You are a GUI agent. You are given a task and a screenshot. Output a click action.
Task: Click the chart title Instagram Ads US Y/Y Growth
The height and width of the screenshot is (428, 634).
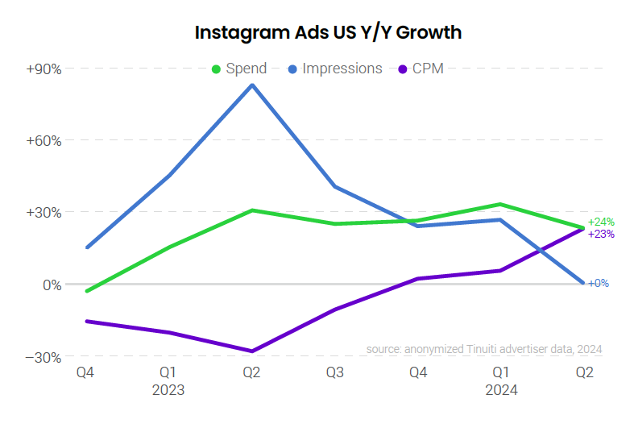click(328, 32)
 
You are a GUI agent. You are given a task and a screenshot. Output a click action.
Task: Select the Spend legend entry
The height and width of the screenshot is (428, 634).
click(238, 69)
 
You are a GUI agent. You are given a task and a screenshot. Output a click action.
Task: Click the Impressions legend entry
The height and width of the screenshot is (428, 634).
click(334, 69)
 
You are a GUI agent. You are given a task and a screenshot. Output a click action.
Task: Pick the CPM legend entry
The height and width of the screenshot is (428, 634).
click(421, 69)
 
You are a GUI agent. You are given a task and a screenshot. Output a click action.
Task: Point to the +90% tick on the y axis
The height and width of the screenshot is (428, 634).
click(44, 69)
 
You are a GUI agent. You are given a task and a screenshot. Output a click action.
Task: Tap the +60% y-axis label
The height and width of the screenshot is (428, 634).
click(44, 140)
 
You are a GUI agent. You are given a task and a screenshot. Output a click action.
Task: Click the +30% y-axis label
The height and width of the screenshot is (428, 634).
click(44, 213)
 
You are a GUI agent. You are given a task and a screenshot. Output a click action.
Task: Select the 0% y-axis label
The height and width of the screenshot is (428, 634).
click(50, 285)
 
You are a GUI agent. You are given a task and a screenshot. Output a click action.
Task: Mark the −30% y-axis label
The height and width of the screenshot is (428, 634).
click(44, 356)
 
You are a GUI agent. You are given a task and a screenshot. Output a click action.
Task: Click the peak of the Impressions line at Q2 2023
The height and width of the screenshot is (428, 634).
click(253, 85)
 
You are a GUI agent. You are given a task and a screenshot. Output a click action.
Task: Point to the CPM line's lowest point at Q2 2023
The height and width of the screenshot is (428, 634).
click(253, 351)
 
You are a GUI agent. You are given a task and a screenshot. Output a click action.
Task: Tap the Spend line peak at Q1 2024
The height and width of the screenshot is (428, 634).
click(500, 204)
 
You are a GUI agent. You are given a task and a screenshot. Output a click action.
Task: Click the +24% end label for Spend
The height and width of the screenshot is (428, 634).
click(601, 222)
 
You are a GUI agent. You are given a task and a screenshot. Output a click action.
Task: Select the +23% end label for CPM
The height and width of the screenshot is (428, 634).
click(601, 234)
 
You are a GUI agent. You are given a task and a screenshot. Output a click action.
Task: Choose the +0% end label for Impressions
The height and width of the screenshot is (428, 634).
click(598, 283)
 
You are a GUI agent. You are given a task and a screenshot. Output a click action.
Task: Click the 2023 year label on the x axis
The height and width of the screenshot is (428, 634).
click(168, 390)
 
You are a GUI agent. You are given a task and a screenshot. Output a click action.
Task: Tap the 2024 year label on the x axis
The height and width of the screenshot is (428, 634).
click(501, 390)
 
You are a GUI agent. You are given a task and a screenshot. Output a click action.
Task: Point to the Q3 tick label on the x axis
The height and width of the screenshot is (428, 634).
click(335, 372)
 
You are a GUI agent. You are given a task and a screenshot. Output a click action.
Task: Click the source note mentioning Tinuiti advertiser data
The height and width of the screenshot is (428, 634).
click(483, 349)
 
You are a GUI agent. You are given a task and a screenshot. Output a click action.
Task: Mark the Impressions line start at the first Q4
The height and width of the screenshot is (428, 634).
click(87, 247)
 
